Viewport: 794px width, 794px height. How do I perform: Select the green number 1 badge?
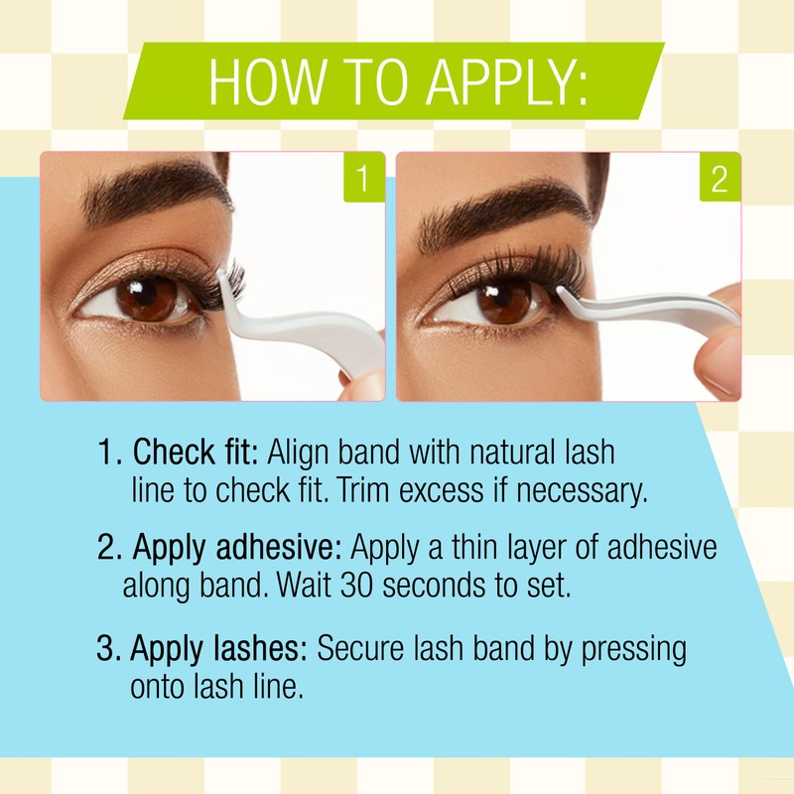click(x=363, y=179)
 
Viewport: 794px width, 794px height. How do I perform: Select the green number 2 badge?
click(x=720, y=179)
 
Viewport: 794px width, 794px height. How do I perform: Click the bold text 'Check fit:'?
click(x=196, y=454)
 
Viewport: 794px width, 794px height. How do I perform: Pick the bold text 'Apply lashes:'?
click(x=219, y=650)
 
